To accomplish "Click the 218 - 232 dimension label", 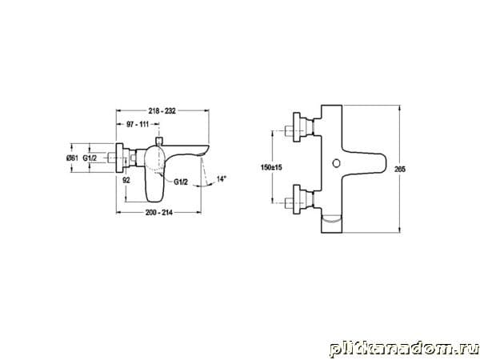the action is pos(162,111).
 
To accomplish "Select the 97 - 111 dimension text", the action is pos(138,124).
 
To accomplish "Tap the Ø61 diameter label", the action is pos(72,158).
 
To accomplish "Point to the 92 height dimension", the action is pos(126,180).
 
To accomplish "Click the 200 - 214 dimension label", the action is pos(159,213).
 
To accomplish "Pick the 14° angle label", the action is pos(221,178).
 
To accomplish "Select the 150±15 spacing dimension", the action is pos(271,167).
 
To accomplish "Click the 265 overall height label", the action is pos(400,169).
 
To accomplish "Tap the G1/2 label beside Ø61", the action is pos(90,158).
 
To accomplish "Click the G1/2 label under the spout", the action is pos(181,182).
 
